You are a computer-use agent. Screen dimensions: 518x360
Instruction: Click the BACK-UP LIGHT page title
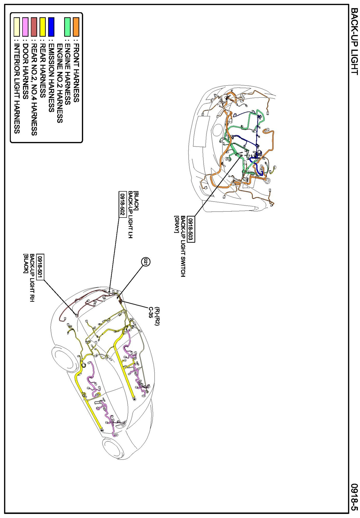(x=354, y=41)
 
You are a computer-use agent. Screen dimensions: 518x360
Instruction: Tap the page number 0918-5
(x=354, y=497)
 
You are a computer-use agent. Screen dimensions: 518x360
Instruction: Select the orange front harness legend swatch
(x=76, y=27)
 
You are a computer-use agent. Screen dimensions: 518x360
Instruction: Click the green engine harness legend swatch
(x=67, y=27)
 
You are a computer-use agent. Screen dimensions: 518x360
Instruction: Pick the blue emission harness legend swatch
(x=51, y=27)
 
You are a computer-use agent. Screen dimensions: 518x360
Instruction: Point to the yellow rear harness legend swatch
(x=43, y=27)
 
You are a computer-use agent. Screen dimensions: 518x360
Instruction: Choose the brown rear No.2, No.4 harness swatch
(x=34, y=27)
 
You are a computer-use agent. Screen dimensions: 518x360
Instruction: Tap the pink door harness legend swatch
(x=25, y=27)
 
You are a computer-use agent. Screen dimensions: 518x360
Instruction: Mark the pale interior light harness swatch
(x=17, y=27)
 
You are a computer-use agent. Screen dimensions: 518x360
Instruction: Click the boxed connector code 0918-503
(x=191, y=229)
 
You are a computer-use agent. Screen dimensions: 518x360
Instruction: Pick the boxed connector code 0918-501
(x=40, y=267)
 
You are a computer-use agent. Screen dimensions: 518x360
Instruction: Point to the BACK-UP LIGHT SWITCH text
(x=183, y=246)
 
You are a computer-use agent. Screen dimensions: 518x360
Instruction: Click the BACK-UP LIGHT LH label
(x=131, y=215)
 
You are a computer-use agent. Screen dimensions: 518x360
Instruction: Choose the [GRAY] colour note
(x=177, y=224)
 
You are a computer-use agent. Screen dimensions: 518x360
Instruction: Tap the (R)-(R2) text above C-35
(x=157, y=316)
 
